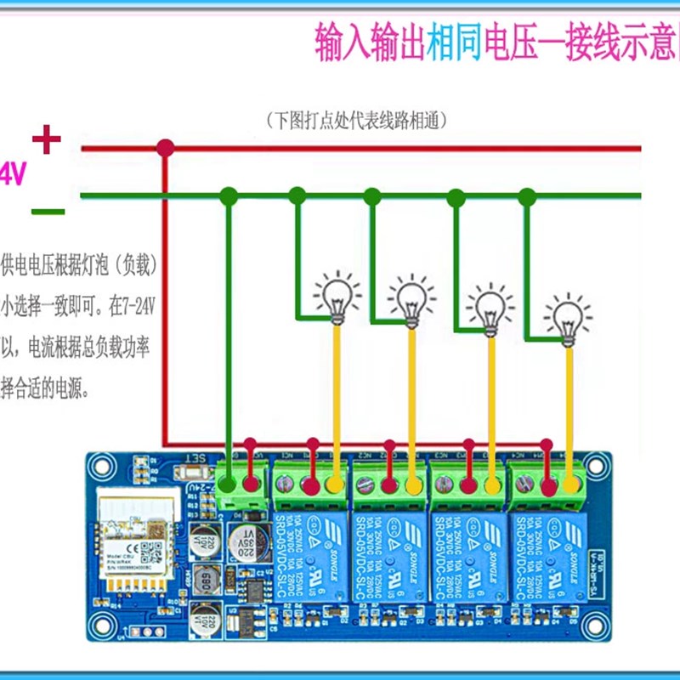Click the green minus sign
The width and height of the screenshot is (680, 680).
click(48, 211)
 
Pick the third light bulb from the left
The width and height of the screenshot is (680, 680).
click(490, 308)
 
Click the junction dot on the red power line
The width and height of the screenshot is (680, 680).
click(166, 149)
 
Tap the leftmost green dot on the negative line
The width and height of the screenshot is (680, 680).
click(228, 196)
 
